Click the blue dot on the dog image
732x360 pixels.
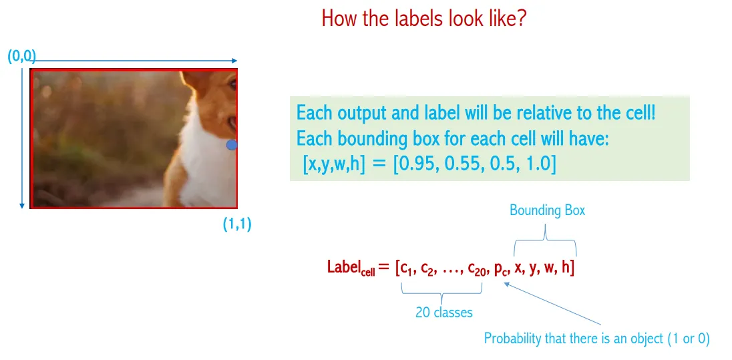coord(232,145)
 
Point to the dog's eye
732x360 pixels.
coord(232,85)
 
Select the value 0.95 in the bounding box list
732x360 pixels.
coord(415,166)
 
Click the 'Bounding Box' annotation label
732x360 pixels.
coord(547,210)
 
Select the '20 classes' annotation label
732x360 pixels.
coord(444,313)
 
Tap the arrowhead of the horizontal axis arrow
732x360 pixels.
coord(235,61)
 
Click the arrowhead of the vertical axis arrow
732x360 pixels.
coord(21,206)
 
